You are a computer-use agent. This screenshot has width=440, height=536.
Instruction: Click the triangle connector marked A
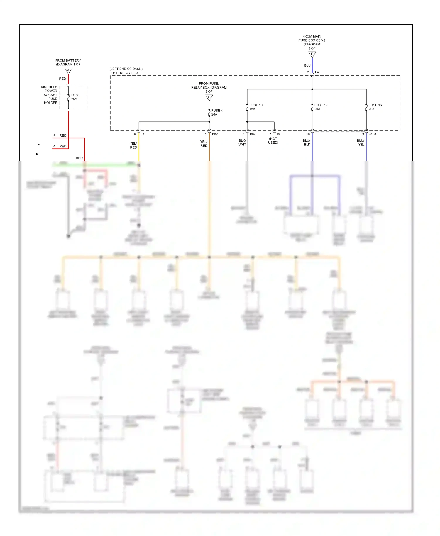coord(68,71)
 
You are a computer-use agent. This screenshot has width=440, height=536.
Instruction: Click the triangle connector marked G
coord(209,97)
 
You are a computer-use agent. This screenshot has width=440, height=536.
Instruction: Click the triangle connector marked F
coord(312,54)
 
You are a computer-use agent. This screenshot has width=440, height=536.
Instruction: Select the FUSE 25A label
coord(75,97)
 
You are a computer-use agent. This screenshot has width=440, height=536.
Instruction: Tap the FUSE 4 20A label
coord(217,113)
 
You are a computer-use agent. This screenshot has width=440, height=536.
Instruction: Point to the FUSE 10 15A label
coord(255,107)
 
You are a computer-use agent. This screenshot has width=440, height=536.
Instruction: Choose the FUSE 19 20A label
coord(321,107)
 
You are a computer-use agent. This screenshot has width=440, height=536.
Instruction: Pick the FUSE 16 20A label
coord(375,107)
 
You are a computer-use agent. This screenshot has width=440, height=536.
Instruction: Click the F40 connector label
coord(318,72)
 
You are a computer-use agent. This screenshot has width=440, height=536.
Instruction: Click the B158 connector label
coord(372,134)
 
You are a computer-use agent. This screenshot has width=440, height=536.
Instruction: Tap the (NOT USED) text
coord(273,141)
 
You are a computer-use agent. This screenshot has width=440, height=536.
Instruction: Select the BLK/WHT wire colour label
coord(242,143)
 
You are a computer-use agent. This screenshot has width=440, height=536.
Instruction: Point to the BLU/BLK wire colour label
coord(307,143)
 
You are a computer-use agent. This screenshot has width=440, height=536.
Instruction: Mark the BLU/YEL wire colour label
coord(361,143)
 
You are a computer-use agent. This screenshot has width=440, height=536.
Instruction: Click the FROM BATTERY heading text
coord(68,60)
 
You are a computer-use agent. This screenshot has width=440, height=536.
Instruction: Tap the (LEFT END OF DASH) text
coord(126,69)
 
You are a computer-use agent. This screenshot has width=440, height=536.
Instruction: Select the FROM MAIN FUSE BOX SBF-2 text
coord(312,38)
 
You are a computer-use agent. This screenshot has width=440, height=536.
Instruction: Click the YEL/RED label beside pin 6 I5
coord(133,145)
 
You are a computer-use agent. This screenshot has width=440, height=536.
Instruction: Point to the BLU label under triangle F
coord(307,65)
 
